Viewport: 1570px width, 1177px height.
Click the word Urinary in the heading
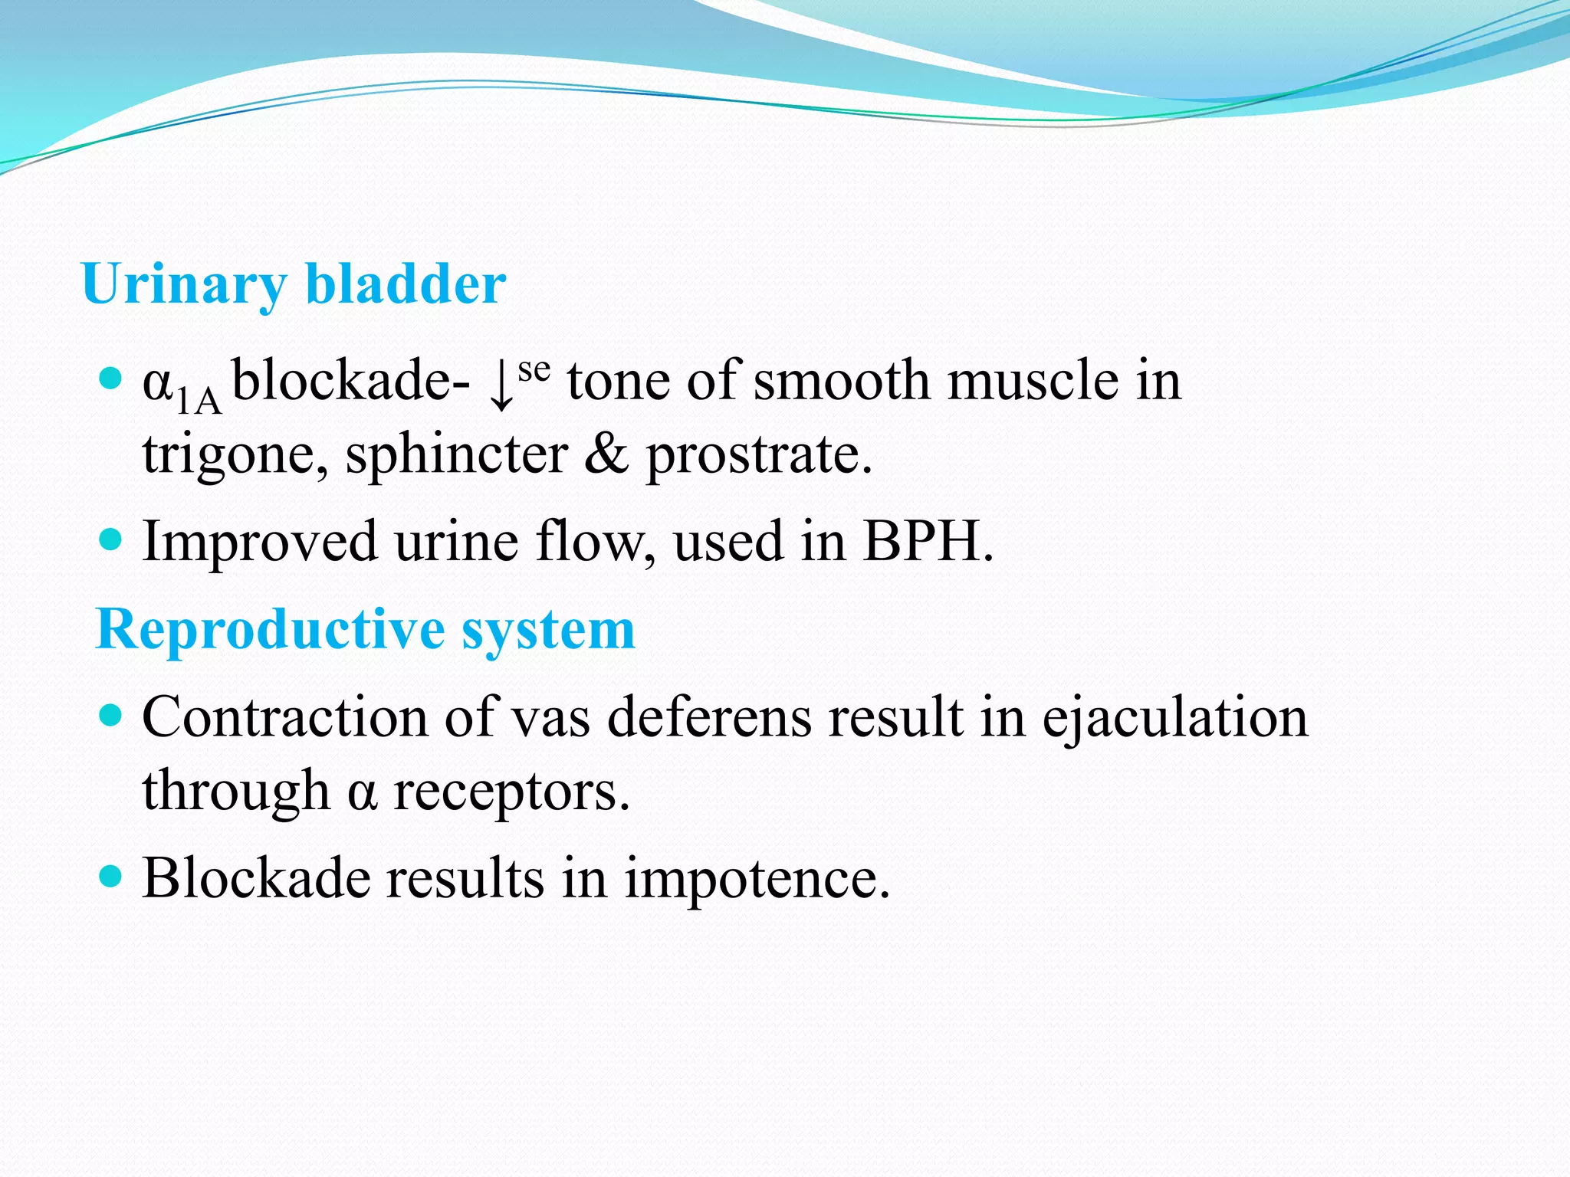[184, 285]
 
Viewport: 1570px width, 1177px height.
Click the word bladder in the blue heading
[406, 284]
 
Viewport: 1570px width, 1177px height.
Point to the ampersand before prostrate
[606, 454]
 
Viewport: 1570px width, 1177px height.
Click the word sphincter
[456, 455]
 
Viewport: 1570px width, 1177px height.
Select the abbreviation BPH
[927, 541]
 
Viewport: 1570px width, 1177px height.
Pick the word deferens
[709, 718]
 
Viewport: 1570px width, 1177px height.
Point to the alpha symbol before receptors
[362, 792]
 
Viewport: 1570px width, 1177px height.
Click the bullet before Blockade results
[112, 876]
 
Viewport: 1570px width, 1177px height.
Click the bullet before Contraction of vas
[112, 716]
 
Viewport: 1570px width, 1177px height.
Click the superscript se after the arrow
[534, 371]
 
